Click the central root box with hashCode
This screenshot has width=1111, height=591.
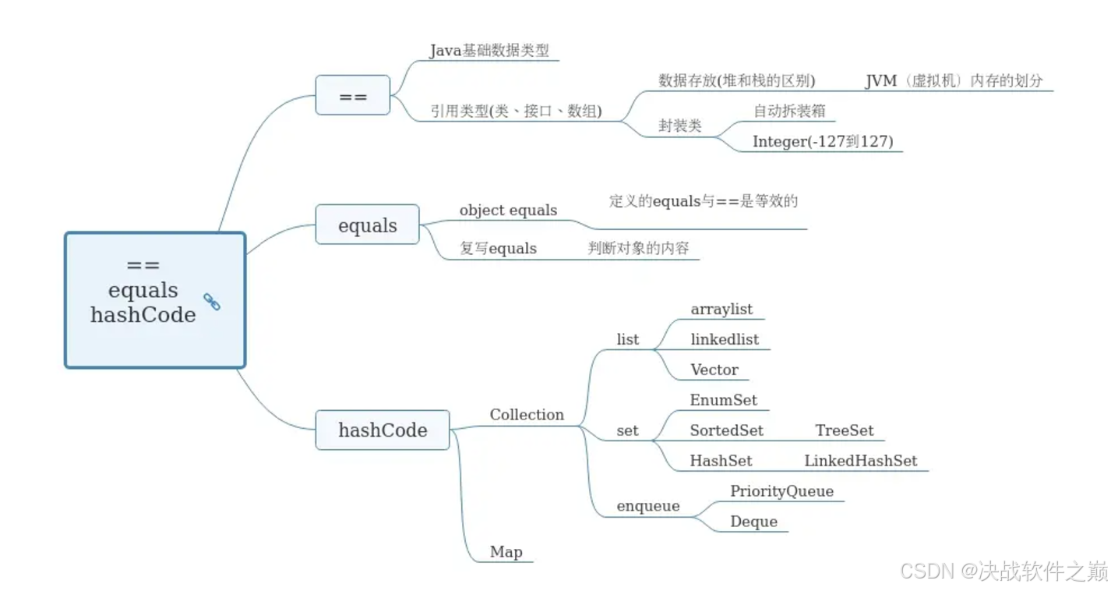154,300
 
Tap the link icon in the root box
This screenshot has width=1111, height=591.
211,302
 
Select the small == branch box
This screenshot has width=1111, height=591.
352,95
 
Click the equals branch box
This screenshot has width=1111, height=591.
367,225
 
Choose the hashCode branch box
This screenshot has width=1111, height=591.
382,430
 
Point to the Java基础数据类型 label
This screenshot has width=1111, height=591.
489,51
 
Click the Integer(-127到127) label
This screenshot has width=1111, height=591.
822,141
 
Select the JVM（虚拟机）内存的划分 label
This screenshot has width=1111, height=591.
954,81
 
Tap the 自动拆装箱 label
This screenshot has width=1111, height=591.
788,111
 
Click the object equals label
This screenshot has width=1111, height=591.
508,211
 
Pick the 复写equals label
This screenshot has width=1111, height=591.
498,249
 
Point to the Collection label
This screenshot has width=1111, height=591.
527,415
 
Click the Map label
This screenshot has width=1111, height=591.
506,552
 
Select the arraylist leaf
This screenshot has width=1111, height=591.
721,310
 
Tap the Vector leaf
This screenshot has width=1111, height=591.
714,370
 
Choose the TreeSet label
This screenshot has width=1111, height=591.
844,430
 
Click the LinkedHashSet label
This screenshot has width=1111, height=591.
860,461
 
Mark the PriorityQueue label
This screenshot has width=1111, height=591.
781,491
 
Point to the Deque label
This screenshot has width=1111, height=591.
753,522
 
